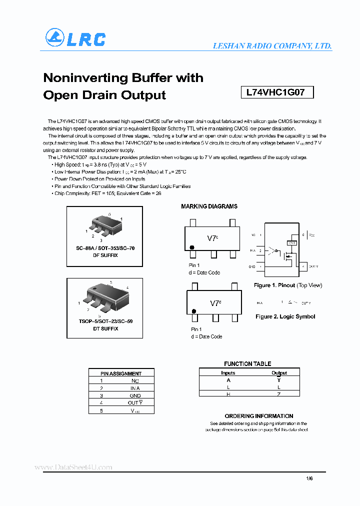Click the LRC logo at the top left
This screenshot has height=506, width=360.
75,38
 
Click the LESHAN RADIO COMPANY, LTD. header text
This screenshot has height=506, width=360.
272,45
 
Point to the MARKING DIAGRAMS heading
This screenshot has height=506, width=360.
209,206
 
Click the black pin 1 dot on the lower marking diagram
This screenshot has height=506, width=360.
193,311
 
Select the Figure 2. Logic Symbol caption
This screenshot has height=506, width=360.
285,316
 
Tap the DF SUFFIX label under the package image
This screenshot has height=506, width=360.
105,255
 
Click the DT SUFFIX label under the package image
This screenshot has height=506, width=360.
105,328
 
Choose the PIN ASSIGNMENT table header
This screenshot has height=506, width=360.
121,373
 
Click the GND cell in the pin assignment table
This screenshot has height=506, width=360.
135,395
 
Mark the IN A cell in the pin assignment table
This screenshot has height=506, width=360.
135,388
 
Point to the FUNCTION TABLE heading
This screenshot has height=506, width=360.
247,364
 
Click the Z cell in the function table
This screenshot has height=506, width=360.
279,394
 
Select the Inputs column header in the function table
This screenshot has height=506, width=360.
228,373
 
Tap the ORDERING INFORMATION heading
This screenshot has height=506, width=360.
258,416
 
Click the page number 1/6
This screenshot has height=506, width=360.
309,478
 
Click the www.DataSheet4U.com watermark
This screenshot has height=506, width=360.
73,467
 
